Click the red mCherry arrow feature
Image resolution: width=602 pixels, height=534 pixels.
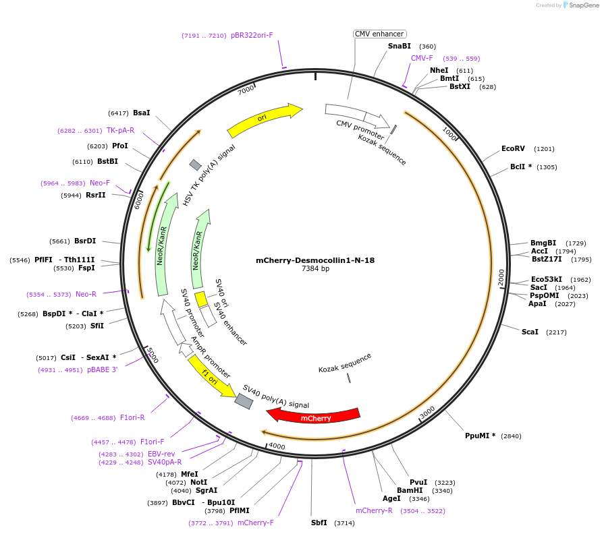tap(317, 416)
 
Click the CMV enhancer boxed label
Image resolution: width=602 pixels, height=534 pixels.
tap(379, 34)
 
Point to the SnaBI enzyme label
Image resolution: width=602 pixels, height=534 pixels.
tap(399, 46)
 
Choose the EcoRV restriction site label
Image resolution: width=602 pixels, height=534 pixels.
tap(513, 148)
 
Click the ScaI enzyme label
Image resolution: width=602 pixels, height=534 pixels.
tap(530, 332)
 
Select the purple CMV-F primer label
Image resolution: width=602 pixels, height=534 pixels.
tap(422, 58)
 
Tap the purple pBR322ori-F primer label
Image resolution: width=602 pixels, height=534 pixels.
tap(252, 35)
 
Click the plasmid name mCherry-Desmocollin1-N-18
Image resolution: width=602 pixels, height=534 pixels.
tap(315, 260)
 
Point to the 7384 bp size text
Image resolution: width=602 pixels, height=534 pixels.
tap(315, 269)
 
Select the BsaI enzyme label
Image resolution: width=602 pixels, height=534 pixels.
tap(142, 113)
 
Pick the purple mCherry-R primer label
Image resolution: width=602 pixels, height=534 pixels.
tap(374, 510)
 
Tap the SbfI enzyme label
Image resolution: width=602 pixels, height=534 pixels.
tap(319, 523)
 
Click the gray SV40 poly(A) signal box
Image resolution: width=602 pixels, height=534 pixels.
tap(244, 400)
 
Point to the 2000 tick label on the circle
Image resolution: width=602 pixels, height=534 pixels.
tap(501, 276)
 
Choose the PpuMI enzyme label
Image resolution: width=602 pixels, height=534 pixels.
tap(480, 436)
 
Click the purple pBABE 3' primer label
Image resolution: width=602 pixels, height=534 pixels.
tap(103, 369)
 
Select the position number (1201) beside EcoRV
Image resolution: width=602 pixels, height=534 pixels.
tap(544, 149)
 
